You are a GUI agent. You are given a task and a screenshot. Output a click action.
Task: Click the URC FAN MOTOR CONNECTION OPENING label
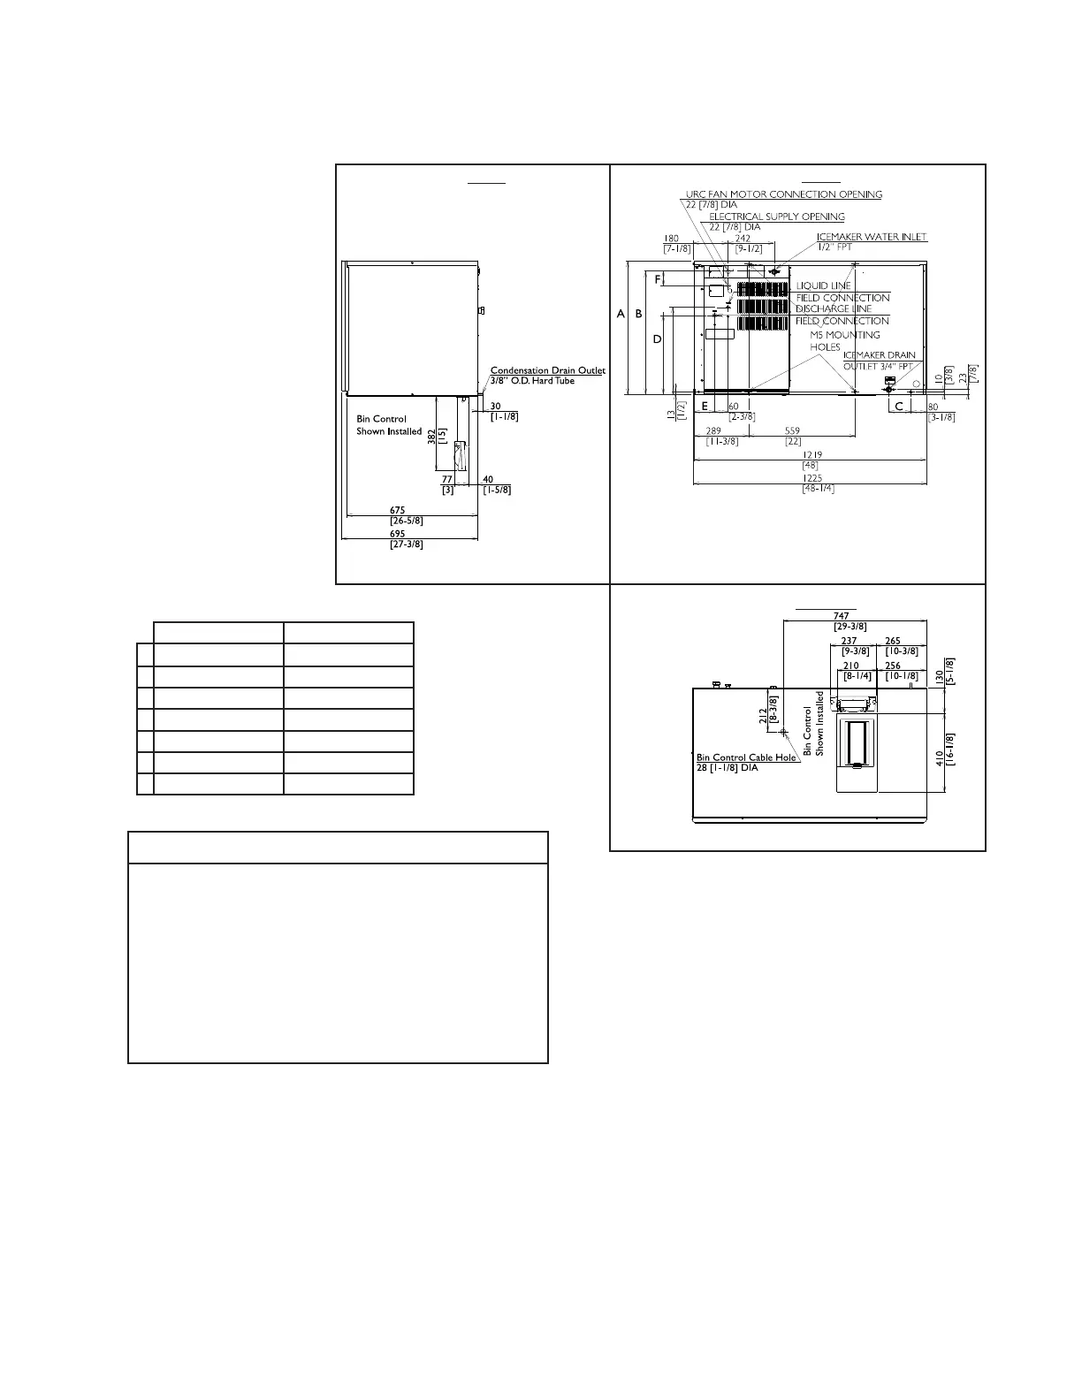pos(784,194)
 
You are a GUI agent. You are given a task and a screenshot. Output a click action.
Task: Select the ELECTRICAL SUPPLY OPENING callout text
pos(777,217)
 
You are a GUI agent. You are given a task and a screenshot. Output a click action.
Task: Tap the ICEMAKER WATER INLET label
pos(872,237)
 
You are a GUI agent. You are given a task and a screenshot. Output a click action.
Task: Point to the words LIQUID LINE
pos(823,285)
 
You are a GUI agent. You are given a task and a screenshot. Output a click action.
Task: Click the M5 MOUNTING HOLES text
pos(844,341)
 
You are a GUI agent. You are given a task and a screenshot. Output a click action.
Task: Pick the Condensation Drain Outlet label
pos(548,370)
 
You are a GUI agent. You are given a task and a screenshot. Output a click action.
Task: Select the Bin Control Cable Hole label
pos(746,757)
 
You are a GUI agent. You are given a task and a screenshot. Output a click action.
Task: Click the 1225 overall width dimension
pos(812,478)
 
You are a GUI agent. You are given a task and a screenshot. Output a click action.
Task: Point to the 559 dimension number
pos(793,431)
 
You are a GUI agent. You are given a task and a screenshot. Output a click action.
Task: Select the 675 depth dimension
pos(398,510)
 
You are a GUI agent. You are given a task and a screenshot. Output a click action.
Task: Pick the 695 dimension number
pos(398,534)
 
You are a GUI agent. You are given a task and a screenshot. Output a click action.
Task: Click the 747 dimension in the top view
pos(841,616)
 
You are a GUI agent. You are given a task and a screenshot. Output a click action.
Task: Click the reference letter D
pos(657,339)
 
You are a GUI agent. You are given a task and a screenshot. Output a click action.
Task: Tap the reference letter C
pos(899,406)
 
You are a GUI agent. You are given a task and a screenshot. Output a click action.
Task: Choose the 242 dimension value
pos(743,238)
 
